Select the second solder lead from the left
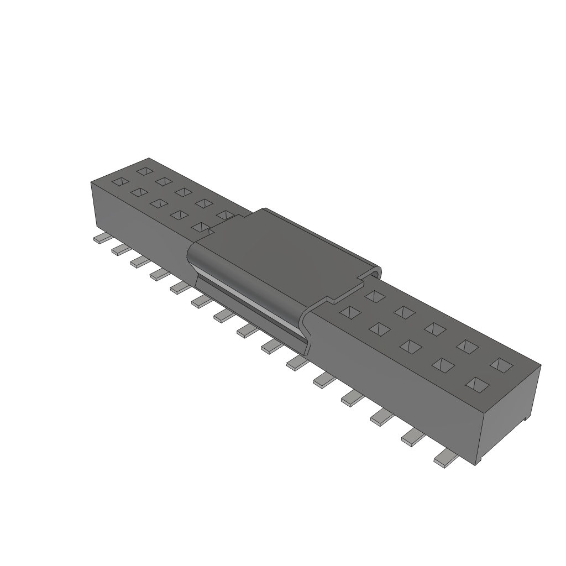(120, 249)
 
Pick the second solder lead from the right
(412, 437)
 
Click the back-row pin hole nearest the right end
(502, 364)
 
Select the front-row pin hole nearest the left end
(119, 181)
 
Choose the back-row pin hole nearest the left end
(145, 171)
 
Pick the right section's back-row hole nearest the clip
(374, 296)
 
